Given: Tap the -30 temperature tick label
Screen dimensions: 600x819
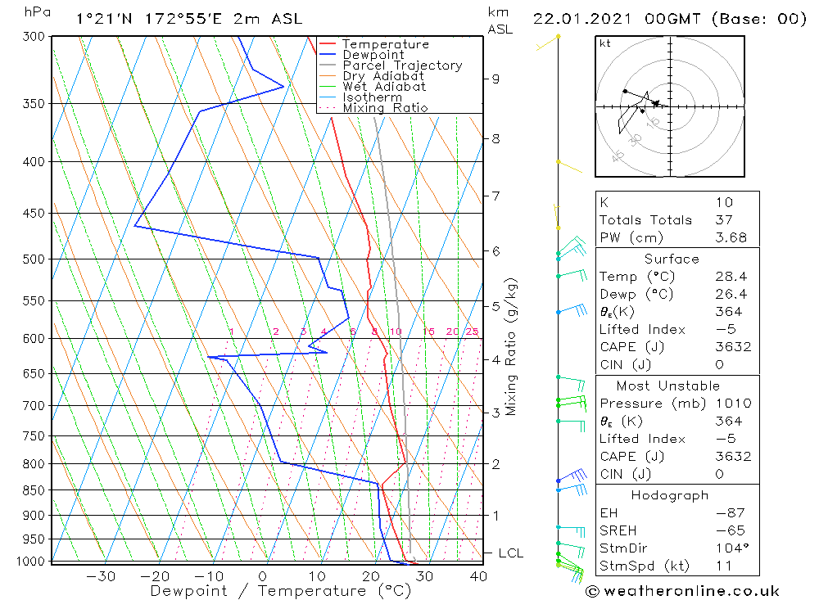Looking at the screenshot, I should [101, 576].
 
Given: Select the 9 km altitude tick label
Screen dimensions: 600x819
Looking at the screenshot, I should [495, 79].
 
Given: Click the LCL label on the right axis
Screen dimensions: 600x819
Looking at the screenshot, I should [509, 553].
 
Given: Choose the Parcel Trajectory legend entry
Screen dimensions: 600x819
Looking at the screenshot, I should [402, 65].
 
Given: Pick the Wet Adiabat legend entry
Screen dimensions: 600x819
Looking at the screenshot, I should [384, 87].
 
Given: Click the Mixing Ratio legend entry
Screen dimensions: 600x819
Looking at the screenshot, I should [385, 108].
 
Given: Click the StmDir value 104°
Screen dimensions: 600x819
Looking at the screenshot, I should [729, 548].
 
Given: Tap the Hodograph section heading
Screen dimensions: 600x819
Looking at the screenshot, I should [671, 495].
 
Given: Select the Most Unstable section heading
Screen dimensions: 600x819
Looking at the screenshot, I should [668, 386].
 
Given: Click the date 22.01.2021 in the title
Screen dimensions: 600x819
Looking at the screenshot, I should [577, 19].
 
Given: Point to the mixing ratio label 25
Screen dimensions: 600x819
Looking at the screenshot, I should [472, 332].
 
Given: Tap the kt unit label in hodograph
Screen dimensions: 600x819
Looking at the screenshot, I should [604, 43].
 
